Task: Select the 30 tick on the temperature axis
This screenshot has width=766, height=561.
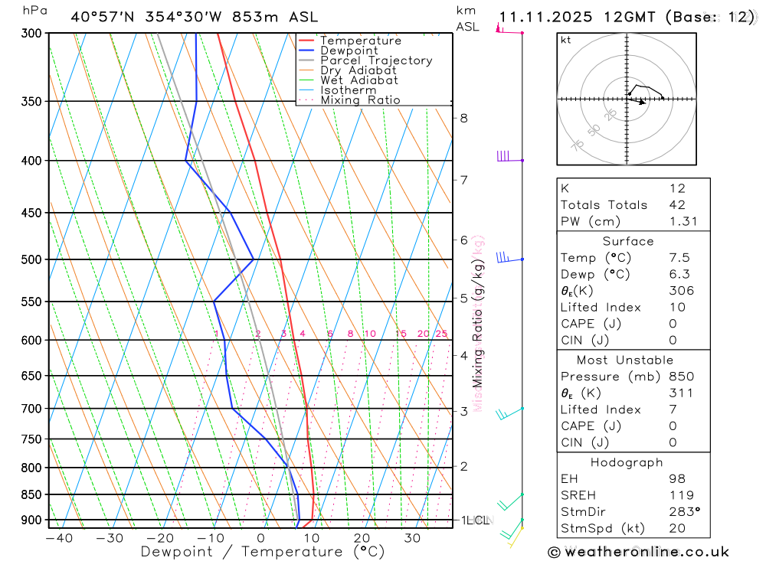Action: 412,538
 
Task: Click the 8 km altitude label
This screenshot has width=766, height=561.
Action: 464,118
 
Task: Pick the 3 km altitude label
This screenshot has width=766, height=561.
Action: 464,411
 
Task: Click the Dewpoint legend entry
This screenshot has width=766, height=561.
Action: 349,51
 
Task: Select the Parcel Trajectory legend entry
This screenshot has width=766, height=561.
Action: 376,60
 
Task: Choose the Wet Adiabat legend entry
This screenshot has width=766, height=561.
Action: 359,80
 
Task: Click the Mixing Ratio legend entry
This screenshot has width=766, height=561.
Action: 360,100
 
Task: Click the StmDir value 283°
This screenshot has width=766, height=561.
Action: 684,512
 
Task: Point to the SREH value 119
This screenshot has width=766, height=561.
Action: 681,495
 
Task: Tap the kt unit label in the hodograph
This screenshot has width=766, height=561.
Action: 566,40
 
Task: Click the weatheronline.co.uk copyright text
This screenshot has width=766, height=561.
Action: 639,552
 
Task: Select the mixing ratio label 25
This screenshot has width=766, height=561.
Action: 441,334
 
